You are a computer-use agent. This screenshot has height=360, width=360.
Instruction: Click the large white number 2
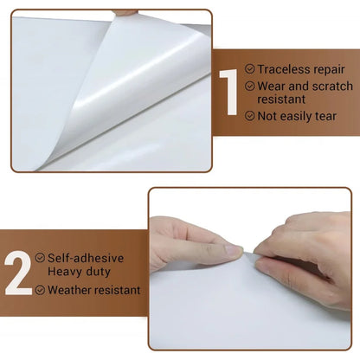17,273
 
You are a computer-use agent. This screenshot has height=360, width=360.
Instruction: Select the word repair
330,67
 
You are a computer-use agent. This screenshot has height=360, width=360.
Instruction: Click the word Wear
272,86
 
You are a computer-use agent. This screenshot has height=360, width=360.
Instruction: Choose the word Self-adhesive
85,258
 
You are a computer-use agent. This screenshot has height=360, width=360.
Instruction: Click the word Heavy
66,272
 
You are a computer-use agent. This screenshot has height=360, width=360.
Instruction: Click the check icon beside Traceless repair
250,67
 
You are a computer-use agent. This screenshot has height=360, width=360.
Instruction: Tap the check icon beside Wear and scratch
250,86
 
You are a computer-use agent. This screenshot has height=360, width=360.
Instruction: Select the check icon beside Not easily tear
250,115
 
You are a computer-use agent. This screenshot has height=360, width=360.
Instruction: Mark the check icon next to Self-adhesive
41,258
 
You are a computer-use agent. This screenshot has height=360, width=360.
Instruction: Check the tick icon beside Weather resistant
41,290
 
